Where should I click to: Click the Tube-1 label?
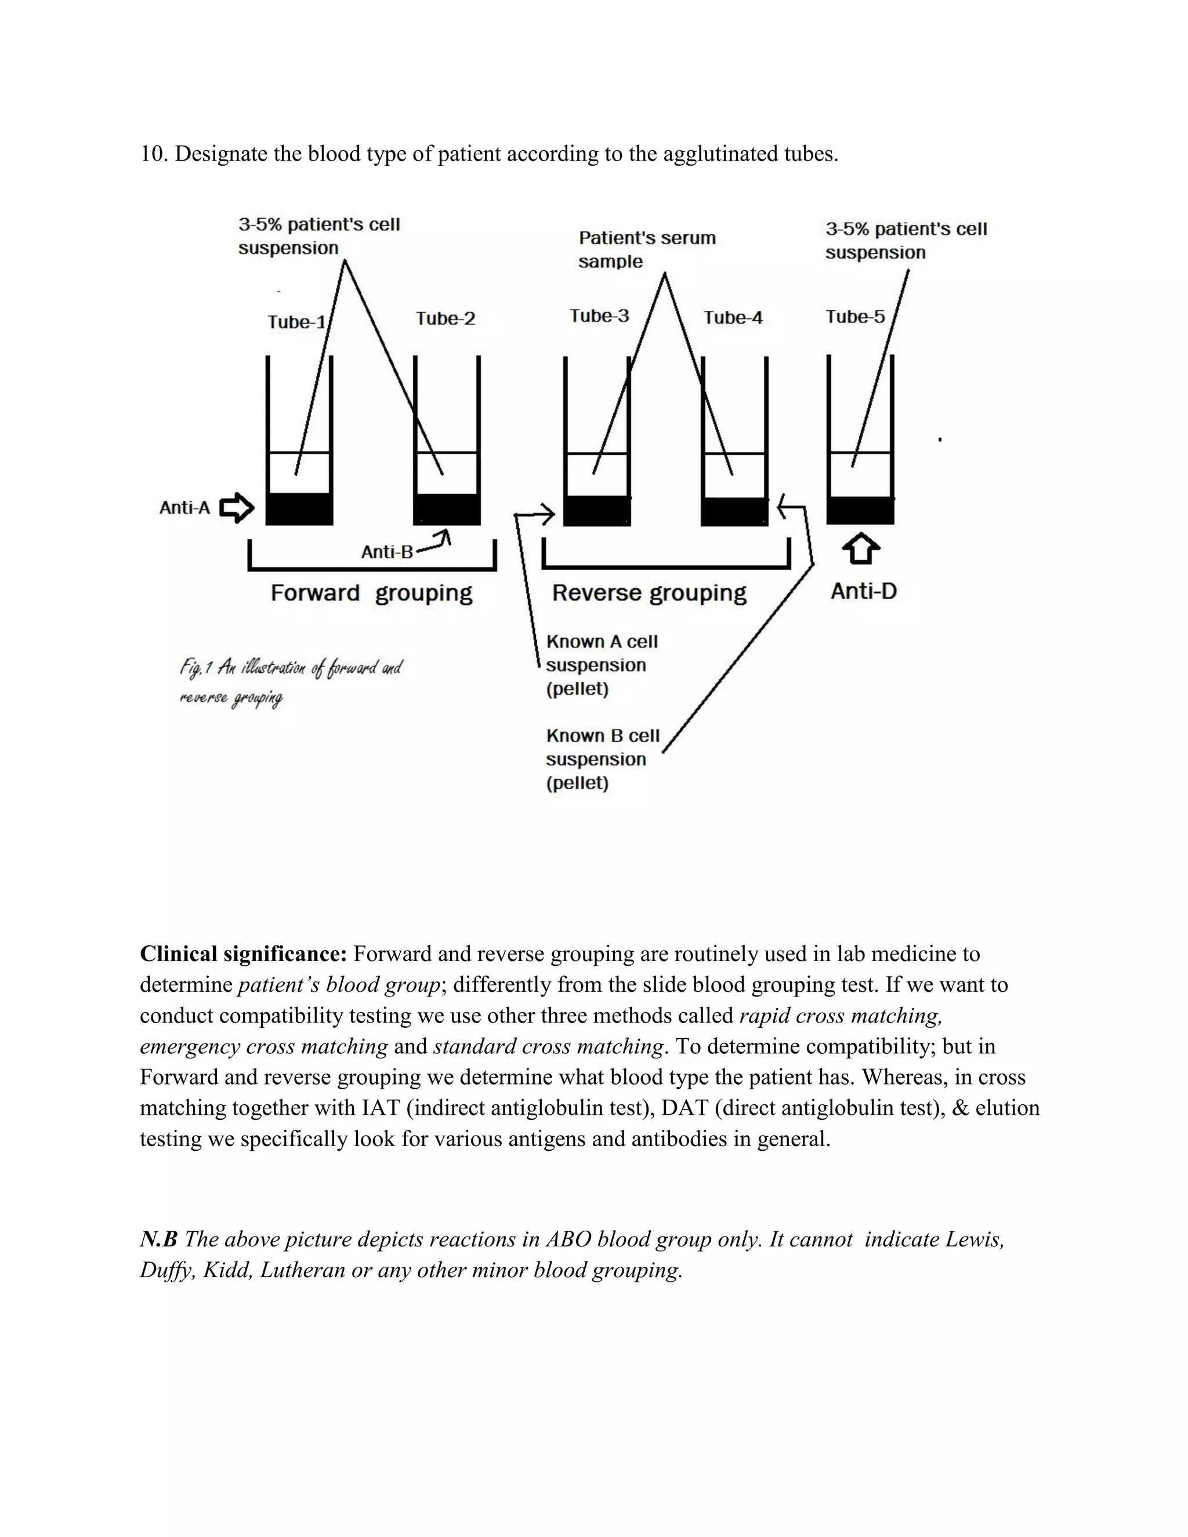(296, 322)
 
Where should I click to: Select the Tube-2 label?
(445, 319)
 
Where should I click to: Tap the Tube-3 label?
(599, 316)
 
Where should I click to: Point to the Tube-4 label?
(733, 318)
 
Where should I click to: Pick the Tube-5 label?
(855, 317)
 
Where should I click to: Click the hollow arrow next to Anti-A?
(237, 507)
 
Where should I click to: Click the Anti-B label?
(387, 552)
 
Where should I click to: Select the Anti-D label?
(864, 591)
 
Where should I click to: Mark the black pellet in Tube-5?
(860, 510)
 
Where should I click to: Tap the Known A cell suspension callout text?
(601, 665)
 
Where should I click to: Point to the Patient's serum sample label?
(646, 249)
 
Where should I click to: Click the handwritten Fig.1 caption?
(290, 681)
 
